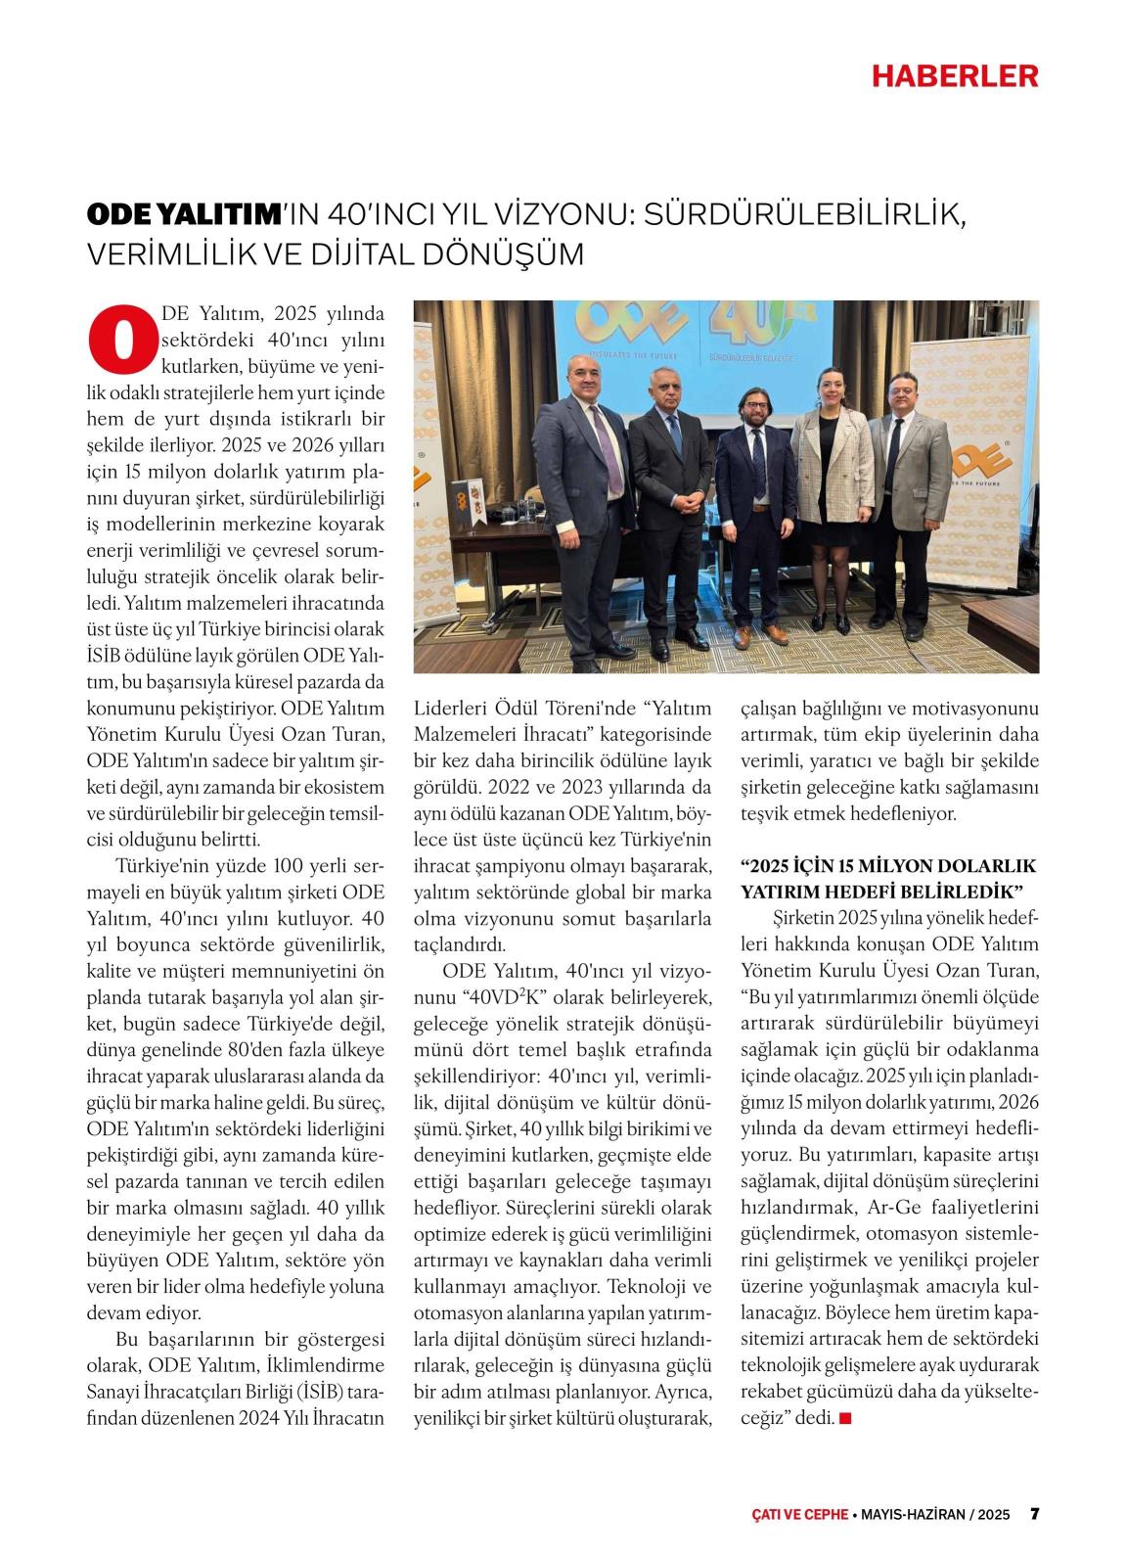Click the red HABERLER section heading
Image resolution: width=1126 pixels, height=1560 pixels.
coord(955,75)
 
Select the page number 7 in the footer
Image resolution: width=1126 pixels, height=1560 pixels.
coord(1034,1513)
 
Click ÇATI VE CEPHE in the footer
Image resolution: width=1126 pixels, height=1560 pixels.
coord(794,1514)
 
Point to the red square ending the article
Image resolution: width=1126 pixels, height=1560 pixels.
coord(845,1417)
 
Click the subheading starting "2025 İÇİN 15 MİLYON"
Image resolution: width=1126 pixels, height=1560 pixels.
coord(888,879)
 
